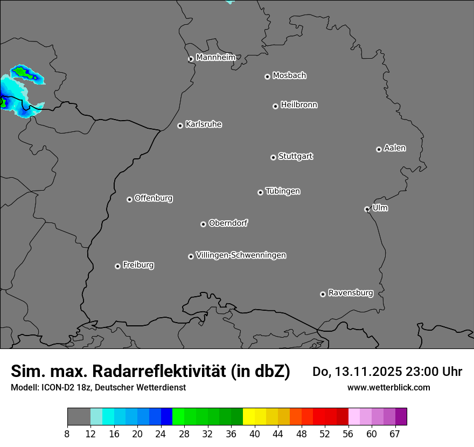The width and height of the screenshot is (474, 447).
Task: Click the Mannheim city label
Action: point(215,58)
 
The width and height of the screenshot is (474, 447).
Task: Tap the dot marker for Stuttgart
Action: point(273,157)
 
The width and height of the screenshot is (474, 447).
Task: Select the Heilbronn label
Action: point(299,105)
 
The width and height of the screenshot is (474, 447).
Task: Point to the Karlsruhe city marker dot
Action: point(180,125)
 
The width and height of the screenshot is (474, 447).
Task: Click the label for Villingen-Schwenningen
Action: point(241,255)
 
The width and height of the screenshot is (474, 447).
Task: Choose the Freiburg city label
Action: point(138,265)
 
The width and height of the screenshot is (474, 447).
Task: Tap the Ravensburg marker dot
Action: point(323,294)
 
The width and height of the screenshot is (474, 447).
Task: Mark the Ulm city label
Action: point(380,208)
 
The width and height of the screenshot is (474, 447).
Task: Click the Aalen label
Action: point(395,148)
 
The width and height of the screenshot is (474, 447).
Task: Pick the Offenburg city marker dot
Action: point(129,199)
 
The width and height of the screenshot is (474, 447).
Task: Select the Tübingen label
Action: point(283,191)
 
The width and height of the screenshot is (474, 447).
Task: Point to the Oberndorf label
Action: point(228,223)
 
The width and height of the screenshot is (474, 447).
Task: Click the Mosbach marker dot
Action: point(267,76)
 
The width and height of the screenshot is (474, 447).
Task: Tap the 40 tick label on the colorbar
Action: point(255,435)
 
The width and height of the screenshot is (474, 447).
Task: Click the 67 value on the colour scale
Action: point(395,435)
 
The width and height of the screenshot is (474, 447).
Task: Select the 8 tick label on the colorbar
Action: point(67,435)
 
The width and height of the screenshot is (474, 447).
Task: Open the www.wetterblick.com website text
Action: point(388,387)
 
